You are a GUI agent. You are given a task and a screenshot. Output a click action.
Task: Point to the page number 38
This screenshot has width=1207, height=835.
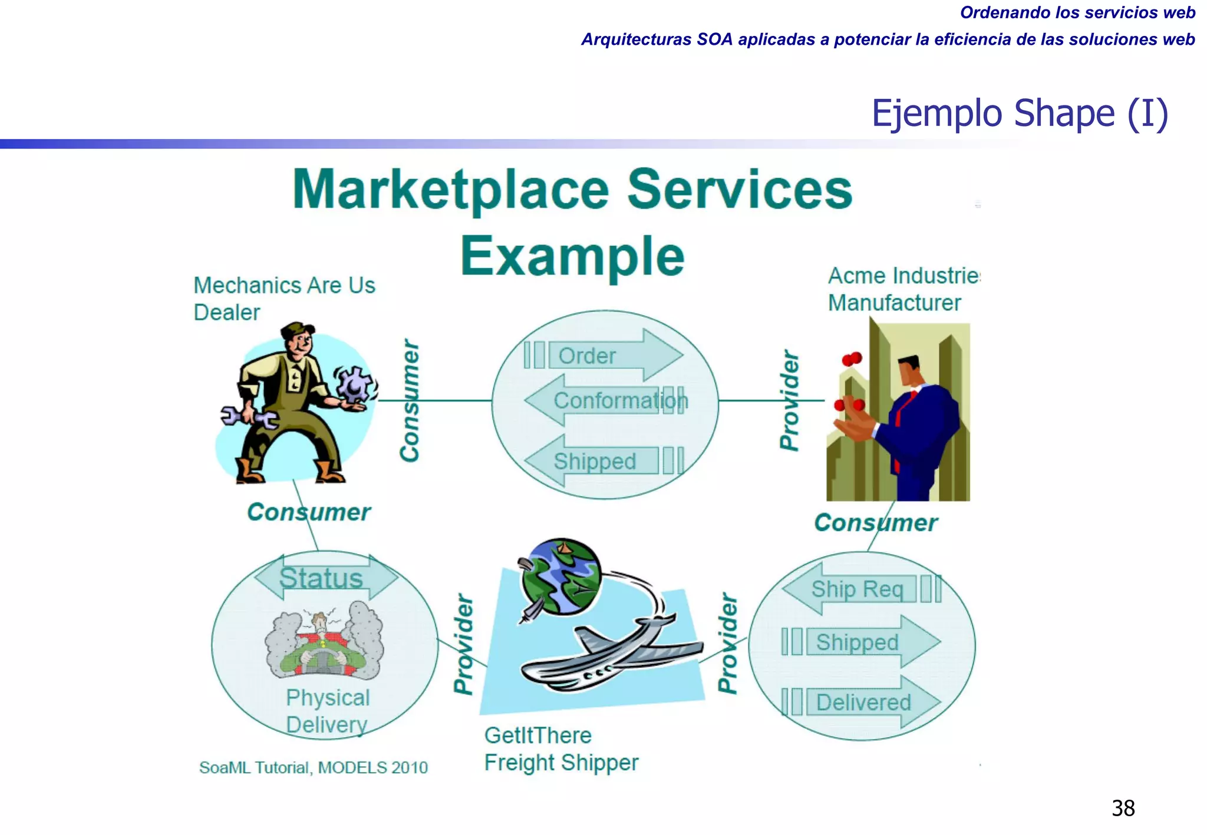1123,808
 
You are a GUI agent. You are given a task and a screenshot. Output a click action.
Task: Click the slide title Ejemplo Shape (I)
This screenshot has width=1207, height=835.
1019,113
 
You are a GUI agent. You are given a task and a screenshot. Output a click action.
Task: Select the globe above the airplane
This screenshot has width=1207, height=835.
561,576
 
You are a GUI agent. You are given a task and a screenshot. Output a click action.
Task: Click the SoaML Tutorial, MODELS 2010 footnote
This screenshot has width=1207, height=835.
313,767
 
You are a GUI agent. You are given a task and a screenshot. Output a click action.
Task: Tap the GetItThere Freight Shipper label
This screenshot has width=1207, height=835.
560,749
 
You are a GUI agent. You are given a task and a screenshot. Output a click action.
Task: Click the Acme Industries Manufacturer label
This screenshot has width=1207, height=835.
902,289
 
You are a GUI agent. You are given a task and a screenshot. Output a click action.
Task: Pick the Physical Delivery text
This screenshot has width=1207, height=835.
328,711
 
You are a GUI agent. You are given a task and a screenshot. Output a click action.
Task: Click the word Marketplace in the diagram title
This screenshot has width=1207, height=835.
450,190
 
